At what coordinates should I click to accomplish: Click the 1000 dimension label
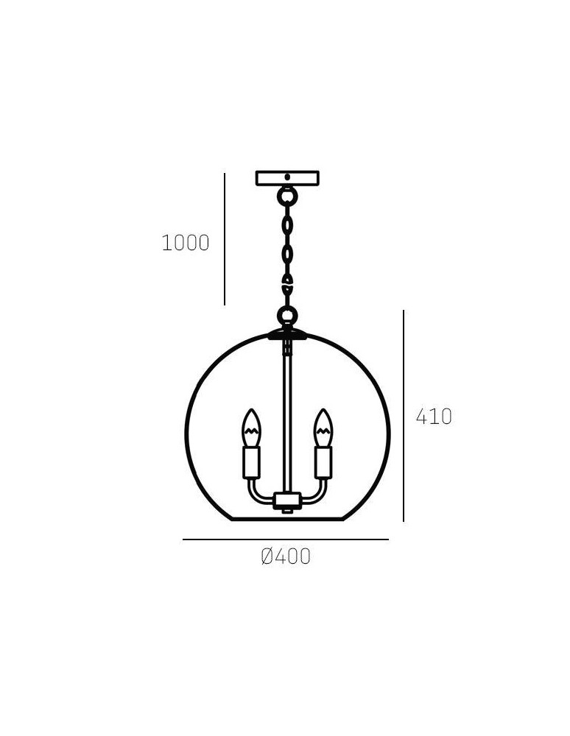point(186,243)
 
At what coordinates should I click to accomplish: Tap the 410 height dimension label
point(434,417)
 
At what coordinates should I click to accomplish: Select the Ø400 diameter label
point(286,557)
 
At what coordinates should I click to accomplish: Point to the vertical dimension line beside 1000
point(225,239)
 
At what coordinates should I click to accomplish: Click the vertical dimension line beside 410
point(404,416)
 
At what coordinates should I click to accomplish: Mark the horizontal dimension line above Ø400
point(286,539)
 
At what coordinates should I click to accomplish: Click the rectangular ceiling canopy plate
point(287,178)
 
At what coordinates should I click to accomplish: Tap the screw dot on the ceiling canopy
point(287,177)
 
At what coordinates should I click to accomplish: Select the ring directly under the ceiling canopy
point(287,197)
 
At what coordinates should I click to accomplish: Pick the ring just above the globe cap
point(287,317)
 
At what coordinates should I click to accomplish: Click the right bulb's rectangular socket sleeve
point(323,462)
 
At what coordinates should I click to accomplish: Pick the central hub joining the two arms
point(287,501)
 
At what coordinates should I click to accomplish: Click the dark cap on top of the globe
point(287,334)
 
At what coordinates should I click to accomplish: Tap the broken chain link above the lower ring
point(287,282)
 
